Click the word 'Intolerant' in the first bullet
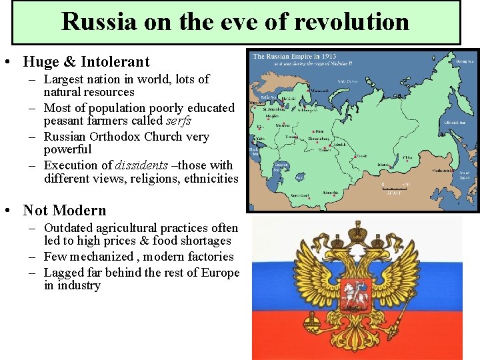(115, 62)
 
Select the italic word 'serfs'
(177, 121)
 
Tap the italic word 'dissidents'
(141, 165)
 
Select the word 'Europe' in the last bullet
(215, 273)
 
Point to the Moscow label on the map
(283, 125)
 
